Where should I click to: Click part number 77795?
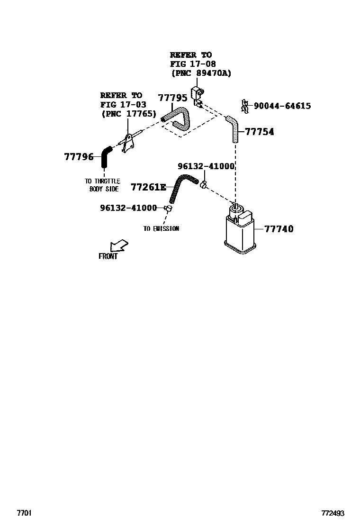coord(172,98)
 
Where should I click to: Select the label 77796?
coord(79,157)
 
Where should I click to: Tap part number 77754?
coord(259,132)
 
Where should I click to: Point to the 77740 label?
coord(279,229)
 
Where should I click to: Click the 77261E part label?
coord(149,187)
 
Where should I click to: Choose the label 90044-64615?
coord(282,106)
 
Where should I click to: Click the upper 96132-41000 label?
coord(206,166)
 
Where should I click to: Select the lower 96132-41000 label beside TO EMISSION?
coord(128,208)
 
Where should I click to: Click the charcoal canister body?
coord(240,232)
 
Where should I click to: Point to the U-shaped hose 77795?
coord(179,119)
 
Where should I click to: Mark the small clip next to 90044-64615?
coord(245,107)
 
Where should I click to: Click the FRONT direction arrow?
coord(118,246)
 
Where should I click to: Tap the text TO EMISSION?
coord(161,228)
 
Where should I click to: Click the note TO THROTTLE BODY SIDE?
coord(102,185)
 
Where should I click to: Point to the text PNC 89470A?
coord(201,73)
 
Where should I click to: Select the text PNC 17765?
coord(128,114)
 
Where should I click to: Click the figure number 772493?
coord(333,513)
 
